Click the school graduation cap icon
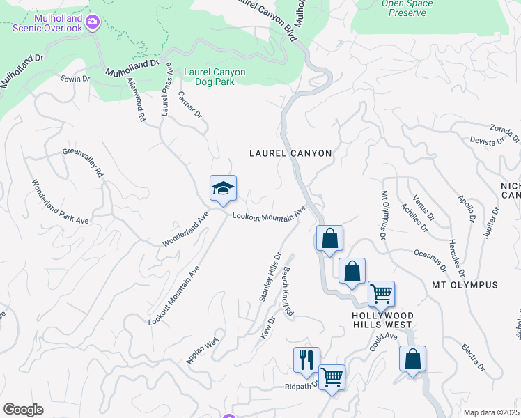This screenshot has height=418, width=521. [x=223, y=188]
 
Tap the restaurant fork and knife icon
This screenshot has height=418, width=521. [x=306, y=360]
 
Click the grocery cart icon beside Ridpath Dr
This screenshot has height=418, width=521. [x=332, y=378]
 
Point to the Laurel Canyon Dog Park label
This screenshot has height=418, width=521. [x=219, y=76]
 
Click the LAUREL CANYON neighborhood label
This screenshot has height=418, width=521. [x=290, y=153]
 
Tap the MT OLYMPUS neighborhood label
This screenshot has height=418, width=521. [x=465, y=285]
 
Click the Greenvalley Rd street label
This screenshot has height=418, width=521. [x=83, y=162]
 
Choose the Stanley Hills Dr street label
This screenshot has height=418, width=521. [x=270, y=277]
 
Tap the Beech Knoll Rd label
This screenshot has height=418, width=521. [x=288, y=294]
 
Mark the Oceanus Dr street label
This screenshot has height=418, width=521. [x=430, y=259]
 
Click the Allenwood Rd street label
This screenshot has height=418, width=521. [x=135, y=100]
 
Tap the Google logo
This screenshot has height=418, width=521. [x=23, y=410]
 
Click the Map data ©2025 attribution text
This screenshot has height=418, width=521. [x=492, y=412]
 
